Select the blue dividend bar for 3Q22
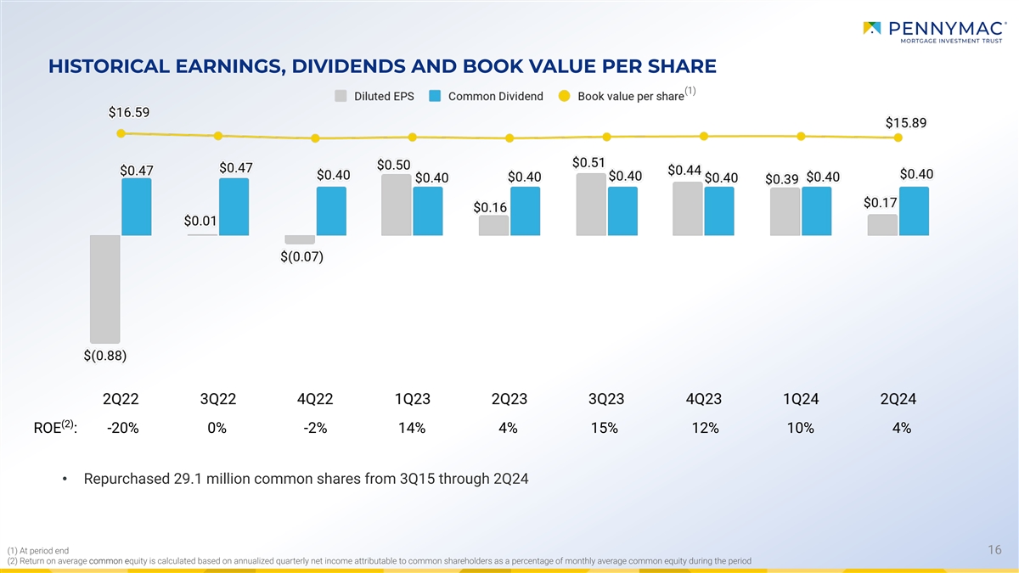tap(234, 206)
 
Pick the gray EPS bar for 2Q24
tap(882, 224)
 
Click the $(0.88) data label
tap(105, 356)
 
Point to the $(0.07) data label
tap(301, 256)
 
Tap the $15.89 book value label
tap(906, 122)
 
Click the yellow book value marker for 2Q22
tap(121, 133)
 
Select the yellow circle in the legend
tap(564, 96)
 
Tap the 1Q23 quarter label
tap(412, 400)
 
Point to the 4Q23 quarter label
tap(704, 400)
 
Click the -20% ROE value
tap(123, 429)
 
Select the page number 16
tap(995, 550)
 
